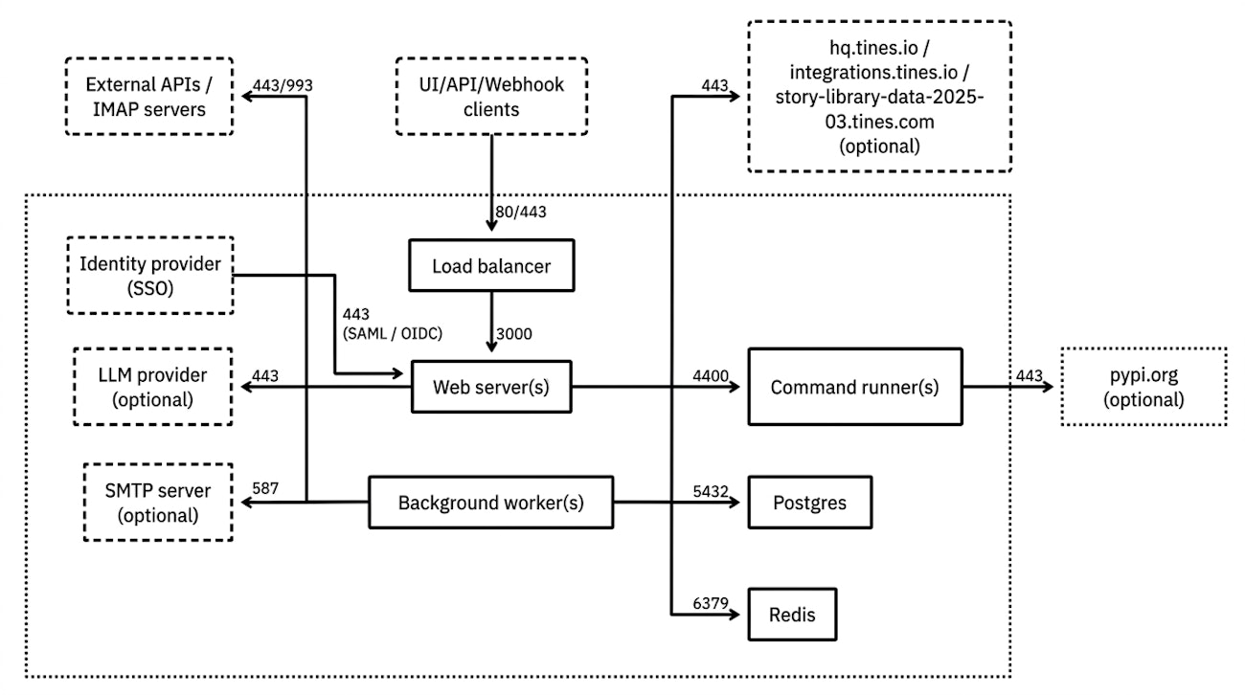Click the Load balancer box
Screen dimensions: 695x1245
(x=492, y=266)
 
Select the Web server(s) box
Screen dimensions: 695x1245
(x=490, y=387)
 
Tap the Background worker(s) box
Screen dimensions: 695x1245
(x=490, y=502)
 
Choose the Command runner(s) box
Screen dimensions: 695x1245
(x=854, y=387)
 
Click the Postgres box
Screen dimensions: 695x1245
(x=808, y=502)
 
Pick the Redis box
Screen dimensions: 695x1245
(x=792, y=613)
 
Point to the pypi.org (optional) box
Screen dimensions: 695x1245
(x=1143, y=388)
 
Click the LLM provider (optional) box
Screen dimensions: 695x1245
(x=154, y=387)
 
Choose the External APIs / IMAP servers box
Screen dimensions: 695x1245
(x=149, y=97)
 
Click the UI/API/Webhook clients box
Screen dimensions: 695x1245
(x=491, y=97)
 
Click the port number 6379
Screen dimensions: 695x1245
(x=711, y=603)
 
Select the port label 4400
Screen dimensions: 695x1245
(x=711, y=377)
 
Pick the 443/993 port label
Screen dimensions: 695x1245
(x=283, y=85)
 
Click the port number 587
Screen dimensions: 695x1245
(x=264, y=488)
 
